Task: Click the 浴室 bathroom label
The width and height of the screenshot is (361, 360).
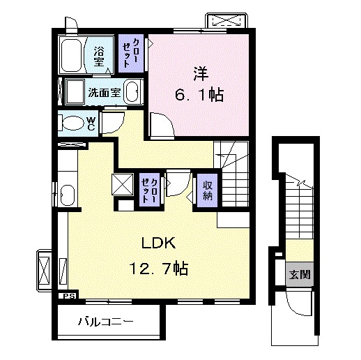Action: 99,57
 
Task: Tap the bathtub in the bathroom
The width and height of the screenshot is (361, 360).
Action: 71,55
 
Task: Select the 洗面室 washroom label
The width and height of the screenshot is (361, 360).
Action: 105,93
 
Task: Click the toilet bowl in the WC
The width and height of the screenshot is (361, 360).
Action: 73,123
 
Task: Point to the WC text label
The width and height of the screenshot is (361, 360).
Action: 91,123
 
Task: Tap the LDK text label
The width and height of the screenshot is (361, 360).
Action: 158,243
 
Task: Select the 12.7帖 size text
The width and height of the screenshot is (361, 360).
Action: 159,268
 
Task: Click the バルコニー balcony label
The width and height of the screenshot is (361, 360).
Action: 106,322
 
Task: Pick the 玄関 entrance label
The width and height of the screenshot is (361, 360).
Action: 300,275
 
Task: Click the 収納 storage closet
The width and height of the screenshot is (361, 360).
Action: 208,190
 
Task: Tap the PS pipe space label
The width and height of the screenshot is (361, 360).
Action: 69,297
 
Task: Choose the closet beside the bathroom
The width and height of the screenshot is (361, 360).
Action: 131,53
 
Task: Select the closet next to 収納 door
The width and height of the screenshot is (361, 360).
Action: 150,190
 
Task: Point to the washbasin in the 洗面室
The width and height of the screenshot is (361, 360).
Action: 132,92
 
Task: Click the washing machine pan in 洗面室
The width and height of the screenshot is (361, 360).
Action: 75,92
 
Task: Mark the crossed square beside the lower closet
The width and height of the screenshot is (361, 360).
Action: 123,184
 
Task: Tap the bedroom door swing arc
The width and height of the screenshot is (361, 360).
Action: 162,124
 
